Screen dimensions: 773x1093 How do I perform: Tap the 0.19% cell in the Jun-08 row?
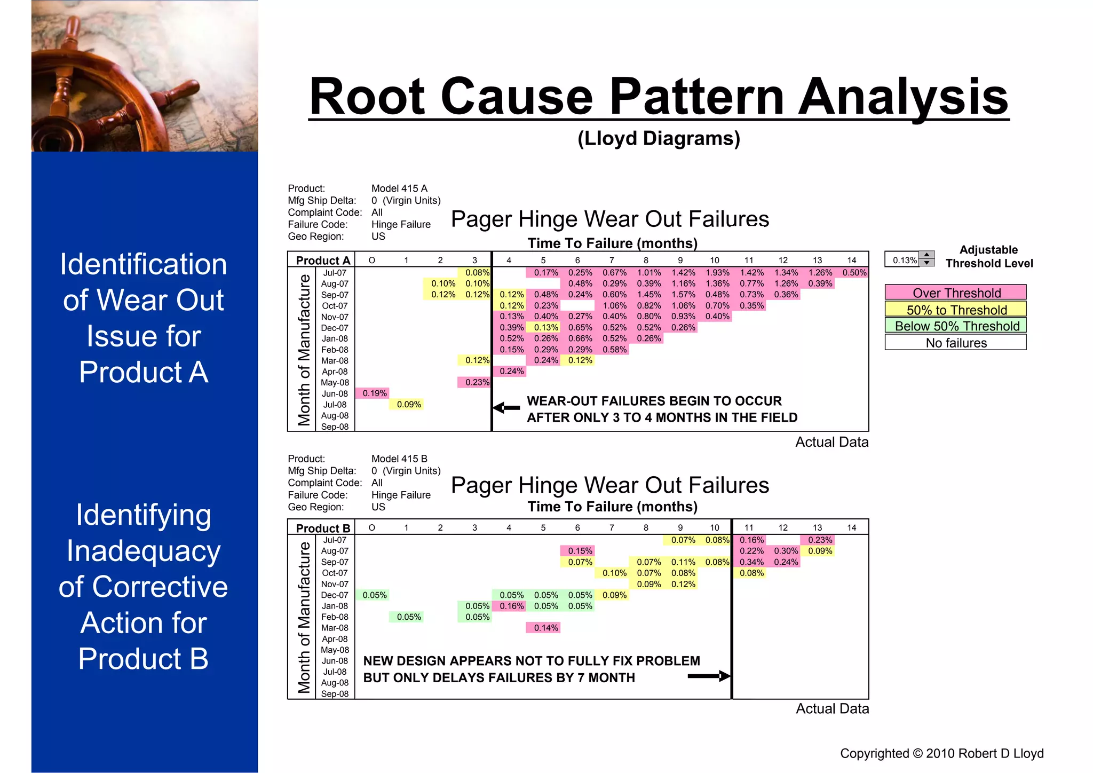pos(374,393)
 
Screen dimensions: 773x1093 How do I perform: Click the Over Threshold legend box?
pos(955,293)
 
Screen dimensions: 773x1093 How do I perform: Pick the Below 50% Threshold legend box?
pos(955,326)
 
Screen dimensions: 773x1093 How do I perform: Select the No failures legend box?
pos(955,343)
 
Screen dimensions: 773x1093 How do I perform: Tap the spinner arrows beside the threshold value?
pos(927,259)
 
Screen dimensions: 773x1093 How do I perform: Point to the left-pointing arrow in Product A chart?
pos(506,408)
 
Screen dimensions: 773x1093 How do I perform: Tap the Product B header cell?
pos(322,528)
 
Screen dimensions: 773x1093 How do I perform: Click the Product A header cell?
pos(322,261)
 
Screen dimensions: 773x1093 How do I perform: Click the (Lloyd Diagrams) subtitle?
pos(659,138)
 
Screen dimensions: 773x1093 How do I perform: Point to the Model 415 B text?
pos(399,459)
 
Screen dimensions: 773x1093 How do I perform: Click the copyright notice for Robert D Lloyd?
pos(941,753)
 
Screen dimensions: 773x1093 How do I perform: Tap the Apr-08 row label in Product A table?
pos(335,372)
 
